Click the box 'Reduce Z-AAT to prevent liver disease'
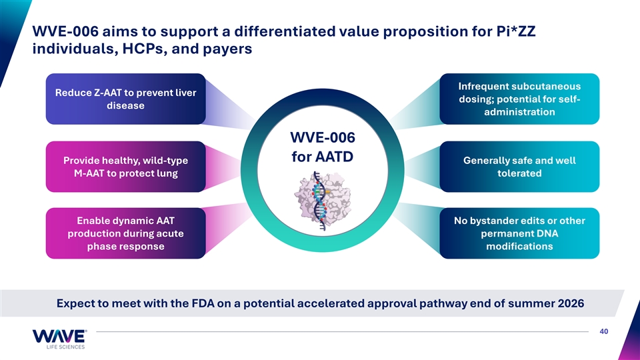pos(126,99)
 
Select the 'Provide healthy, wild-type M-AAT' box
pos(126,167)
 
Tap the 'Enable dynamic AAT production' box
pos(126,233)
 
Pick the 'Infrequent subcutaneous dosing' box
pos(519,99)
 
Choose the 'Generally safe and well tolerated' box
pos(519,167)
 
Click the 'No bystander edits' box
pos(519,233)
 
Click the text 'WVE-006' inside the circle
pos(323,137)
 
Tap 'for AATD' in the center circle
pos(323,157)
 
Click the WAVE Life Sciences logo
pos(59,339)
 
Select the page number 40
pos(604,331)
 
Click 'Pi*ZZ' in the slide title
pos(516,31)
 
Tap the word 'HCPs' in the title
pos(145,49)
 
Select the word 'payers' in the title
pos(227,49)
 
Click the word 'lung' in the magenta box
pos(168,173)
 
